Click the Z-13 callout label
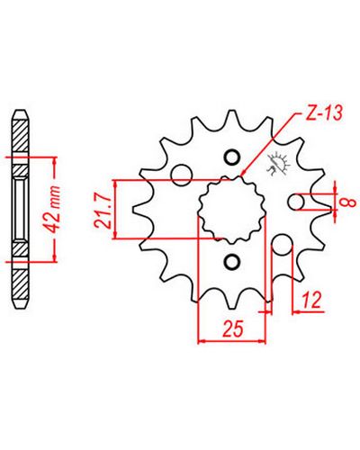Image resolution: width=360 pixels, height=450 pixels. [323, 113]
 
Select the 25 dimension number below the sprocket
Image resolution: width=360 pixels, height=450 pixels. [232, 329]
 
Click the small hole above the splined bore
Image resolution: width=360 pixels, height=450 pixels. [232, 157]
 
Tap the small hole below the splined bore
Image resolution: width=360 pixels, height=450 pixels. [231, 261]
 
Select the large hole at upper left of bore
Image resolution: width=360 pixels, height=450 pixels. [182, 175]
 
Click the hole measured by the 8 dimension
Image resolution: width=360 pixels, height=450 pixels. [297, 202]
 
